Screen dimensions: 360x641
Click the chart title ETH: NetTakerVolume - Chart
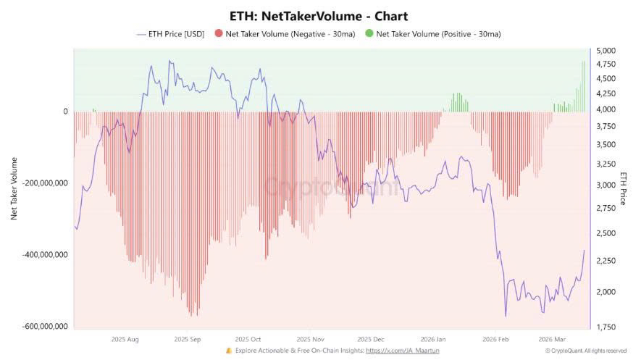coord(320,15)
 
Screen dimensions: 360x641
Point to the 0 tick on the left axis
coord(65,112)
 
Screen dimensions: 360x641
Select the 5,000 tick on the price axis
coord(605,51)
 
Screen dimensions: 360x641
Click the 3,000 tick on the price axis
coord(605,185)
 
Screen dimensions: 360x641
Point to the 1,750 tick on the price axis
coord(605,328)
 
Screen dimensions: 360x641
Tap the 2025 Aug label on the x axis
coord(125,338)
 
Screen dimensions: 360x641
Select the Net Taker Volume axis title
coord(13,188)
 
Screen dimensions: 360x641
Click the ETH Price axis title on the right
coord(623,188)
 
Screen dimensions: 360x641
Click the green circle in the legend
coord(370,33)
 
